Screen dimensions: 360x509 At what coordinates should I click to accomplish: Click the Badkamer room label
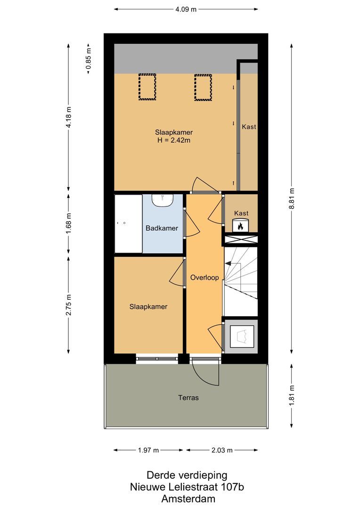click(x=162, y=228)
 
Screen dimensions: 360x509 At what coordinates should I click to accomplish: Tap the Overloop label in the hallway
click(x=205, y=278)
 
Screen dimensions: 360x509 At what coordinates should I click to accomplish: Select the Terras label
click(x=188, y=398)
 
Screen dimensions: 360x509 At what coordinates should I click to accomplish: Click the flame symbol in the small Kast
click(x=240, y=226)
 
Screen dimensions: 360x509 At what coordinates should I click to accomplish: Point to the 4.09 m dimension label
click(x=186, y=9)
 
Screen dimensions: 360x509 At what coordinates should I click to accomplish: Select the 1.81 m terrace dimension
click(x=292, y=395)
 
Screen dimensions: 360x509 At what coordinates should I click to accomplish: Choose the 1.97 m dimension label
click(x=148, y=450)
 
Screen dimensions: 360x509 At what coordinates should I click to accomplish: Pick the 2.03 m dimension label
click(x=222, y=450)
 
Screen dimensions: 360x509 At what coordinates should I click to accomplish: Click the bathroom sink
click(x=164, y=200)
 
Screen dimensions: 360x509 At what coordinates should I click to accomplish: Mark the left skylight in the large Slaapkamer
click(x=147, y=87)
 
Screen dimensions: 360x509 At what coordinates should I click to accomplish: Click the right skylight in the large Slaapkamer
click(x=203, y=87)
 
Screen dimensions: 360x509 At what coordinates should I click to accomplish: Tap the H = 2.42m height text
click(x=174, y=140)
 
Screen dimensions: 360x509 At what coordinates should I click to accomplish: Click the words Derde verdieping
click(x=187, y=475)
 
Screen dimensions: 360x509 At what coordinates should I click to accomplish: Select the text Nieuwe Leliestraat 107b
click(x=187, y=487)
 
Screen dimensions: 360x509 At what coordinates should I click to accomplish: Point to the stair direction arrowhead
click(x=229, y=263)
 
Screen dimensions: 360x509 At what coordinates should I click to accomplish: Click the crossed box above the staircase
click(x=241, y=240)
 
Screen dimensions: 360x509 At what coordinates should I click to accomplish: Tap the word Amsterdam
click(x=188, y=499)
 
